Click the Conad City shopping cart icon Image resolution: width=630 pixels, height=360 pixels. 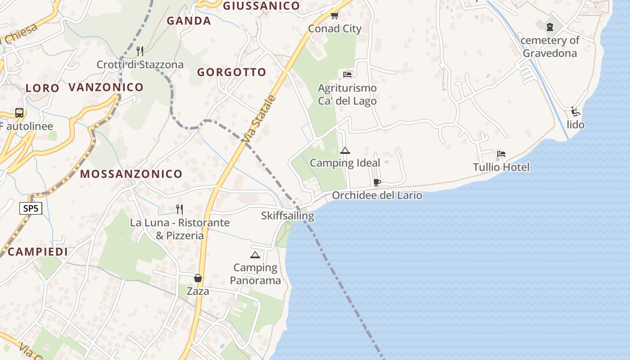[x=334, y=16]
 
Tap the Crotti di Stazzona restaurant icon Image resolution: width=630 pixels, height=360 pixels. [x=140, y=51]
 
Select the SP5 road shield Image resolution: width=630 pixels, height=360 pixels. [x=31, y=208]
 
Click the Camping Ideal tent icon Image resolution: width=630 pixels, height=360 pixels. [x=345, y=150]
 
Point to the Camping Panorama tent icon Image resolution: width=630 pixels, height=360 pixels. [x=255, y=255]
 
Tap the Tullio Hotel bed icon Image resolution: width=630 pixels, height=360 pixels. [x=501, y=154]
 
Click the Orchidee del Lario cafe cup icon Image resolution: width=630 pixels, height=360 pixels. [x=377, y=182]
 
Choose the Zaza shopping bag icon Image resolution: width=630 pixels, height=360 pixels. [x=198, y=278]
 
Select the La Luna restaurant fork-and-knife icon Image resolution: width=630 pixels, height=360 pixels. [x=180, y=209]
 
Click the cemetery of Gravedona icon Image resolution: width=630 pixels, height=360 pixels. [x=550, y=27]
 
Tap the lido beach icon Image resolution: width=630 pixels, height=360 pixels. [x=575, y=111]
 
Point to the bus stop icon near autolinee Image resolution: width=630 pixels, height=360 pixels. [x=19, y=113]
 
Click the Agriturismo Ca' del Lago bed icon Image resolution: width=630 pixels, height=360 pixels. [x=347, y=74]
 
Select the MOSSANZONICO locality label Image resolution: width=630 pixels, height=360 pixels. [x=131, y=174]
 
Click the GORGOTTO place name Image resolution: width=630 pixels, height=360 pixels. [x=232, y=72]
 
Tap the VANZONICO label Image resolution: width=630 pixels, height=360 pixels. [x=106, y=87]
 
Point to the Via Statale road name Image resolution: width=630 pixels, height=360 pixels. [x=257, y=119]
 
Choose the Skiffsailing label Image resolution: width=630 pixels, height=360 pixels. [x=288, y=216]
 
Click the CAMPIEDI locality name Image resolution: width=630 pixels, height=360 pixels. [x=38, y=252]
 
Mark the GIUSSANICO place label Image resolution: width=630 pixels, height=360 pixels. [x=261, y=6]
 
